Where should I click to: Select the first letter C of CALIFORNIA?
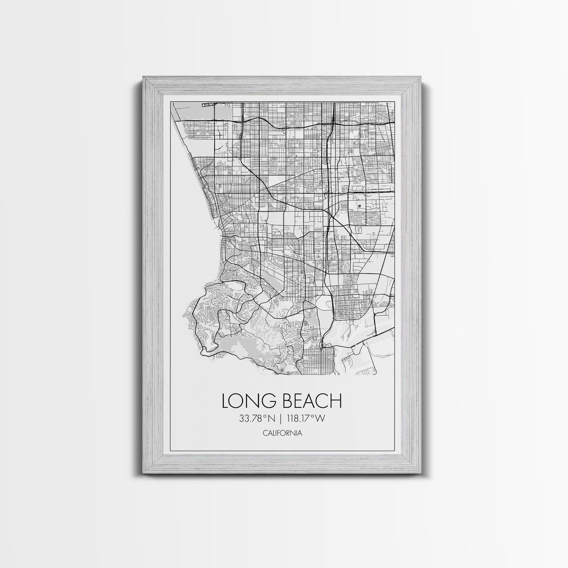264,433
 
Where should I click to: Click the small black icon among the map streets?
359,207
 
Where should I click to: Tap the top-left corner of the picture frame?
143,77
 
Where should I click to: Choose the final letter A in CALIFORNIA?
300,433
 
